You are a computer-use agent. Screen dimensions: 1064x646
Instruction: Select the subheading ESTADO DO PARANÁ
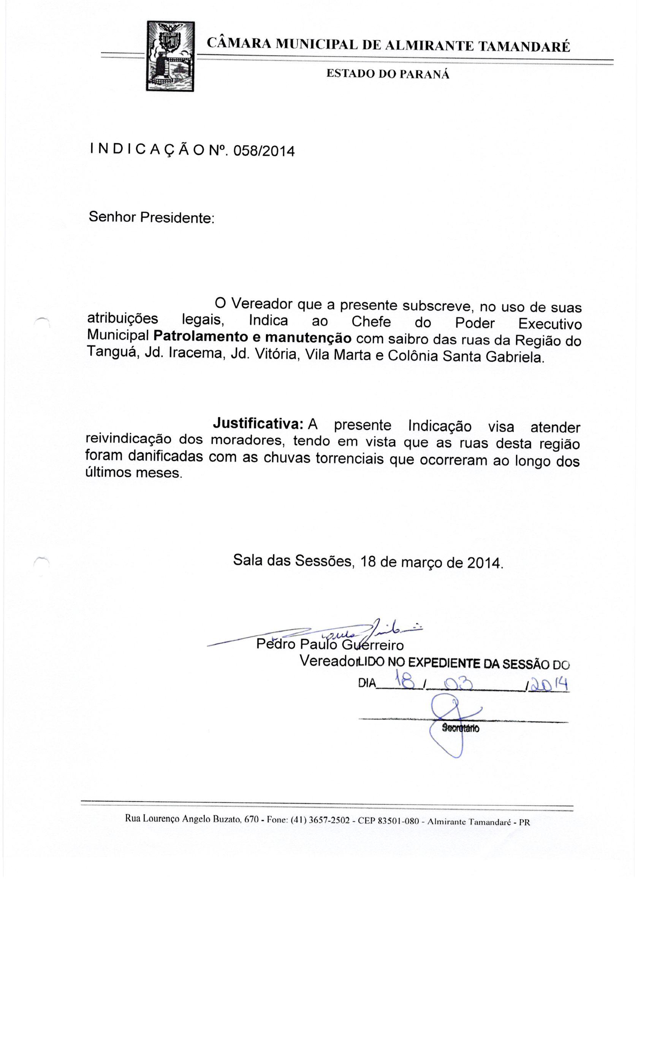tap(387, 74)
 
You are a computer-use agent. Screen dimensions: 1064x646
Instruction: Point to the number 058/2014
tap(263, 151)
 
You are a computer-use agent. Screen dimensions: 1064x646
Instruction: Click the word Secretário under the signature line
tap(460, 728)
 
